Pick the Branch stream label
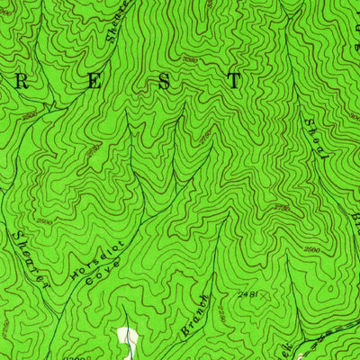pos(195,316)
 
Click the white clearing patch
pos(127,343)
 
